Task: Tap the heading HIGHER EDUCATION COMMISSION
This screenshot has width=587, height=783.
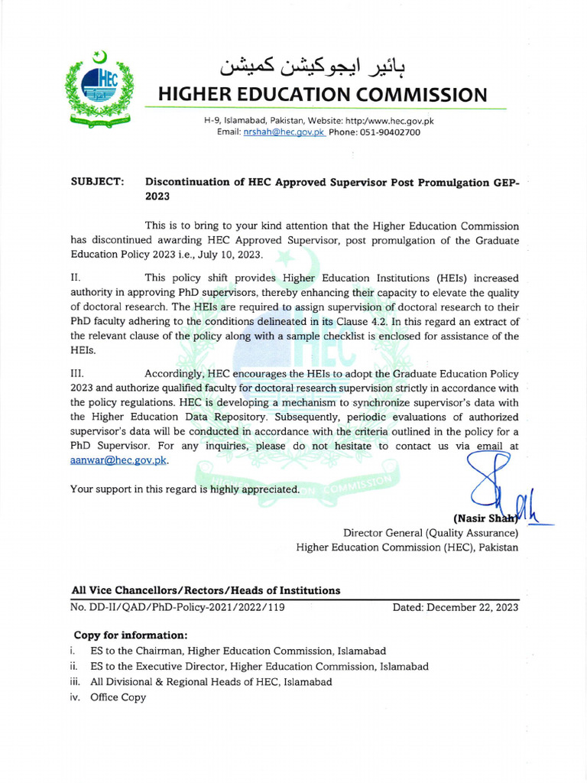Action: click(322, 95)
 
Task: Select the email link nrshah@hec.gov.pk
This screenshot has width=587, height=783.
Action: click(284, 132)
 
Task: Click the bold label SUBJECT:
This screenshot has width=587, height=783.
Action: click(97, 182)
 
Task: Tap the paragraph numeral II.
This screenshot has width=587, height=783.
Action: click(76, 278)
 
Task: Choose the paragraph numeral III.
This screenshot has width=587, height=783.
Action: click(78, 374)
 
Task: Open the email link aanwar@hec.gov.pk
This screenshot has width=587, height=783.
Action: click(118, 460)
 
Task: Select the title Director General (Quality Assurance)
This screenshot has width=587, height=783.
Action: click(430, 533)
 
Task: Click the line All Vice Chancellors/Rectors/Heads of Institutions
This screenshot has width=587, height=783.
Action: click(206, 590)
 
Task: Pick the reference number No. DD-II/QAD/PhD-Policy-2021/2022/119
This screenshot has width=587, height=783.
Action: click(177, 607)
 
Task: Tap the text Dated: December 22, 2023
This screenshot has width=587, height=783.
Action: click(455, 607)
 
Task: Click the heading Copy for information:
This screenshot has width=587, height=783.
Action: click(130, 635)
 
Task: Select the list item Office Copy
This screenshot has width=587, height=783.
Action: click(118, 697)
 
